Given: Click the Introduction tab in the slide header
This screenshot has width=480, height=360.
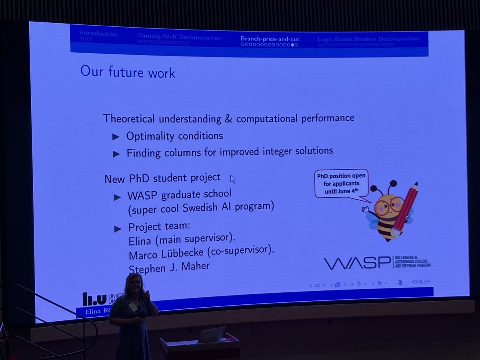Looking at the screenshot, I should click(x=98, y=33).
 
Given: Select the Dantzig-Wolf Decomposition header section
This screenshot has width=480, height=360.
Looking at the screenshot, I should click(x=179, y=38).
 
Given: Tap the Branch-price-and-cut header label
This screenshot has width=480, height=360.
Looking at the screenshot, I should click(x=270, y=39).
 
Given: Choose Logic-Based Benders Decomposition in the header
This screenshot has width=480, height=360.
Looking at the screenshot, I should click(x=368, y=39).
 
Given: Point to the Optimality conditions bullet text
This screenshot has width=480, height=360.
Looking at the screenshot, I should click(x=174, y=136).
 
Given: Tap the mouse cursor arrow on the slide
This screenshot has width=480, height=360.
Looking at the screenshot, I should click(x=232, y=179).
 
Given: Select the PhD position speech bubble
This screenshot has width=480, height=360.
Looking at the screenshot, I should click(x=341, y=184).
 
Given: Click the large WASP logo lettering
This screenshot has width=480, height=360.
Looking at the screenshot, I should click(x=356, y=263).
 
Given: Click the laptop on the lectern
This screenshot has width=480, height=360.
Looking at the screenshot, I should click(x=211, y=335).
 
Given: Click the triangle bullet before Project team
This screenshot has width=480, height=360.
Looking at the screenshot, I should click(x=118, y=229).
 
